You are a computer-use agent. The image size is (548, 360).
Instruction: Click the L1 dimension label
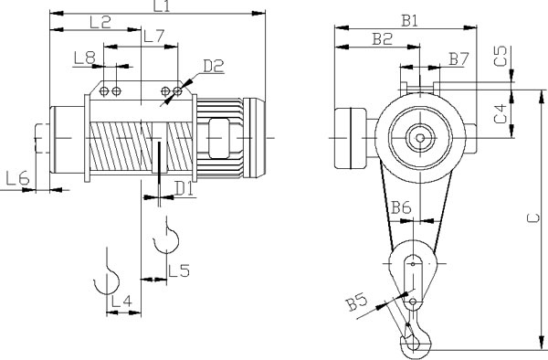coord(162,6)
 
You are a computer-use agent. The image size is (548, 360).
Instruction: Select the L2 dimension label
coord(100,22)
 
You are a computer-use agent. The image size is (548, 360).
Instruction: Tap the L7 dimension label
coord(153,37)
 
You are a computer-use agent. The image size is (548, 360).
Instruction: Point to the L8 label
coord(85,58)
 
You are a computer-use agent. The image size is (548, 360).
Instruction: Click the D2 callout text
coord(214,66)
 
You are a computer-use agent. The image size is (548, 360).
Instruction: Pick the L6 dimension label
coord(18,178)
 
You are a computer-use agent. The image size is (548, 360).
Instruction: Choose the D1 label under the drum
coord(184,189)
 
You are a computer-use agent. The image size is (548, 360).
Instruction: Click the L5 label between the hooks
coord(179,270)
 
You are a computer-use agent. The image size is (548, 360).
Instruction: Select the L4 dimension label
coord(121,301)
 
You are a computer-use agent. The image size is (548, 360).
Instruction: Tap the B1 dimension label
coord(409,21)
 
